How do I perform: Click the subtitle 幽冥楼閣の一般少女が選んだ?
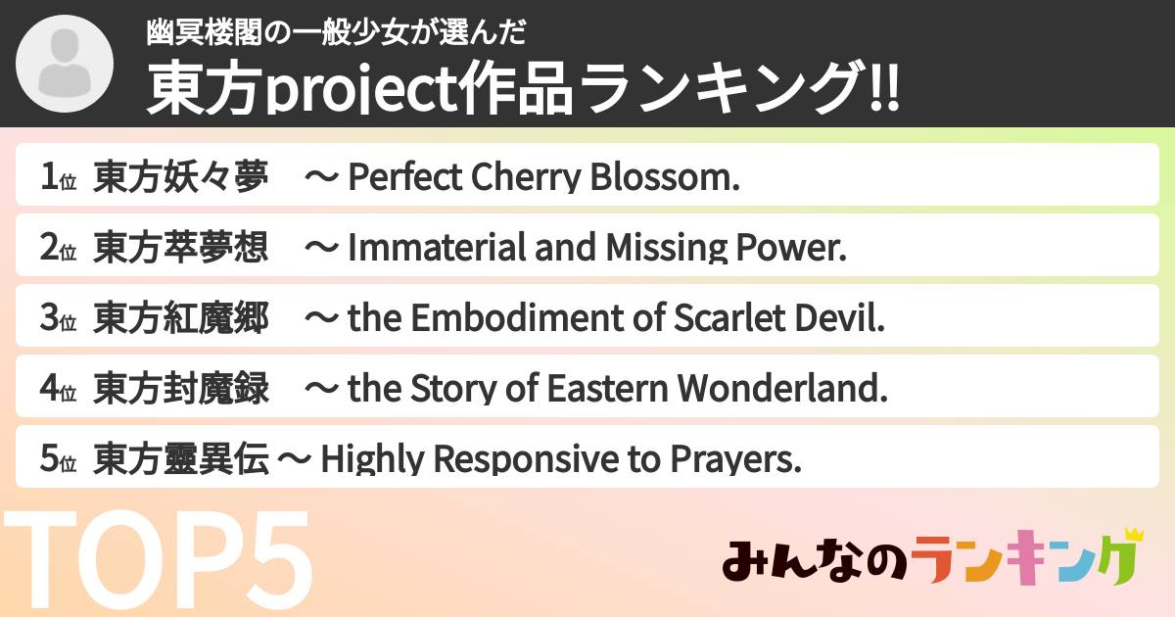(x=336, y=33)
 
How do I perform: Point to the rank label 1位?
(x=58, y=178)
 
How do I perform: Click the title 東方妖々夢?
(x=181, y=178)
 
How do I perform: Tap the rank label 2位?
(x=58, y=249)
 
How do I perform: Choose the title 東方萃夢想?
(x=181, y=249)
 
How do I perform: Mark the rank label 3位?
(x=58, y=319)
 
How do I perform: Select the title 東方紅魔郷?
(x=181, y=319)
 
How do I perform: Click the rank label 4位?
(x=58, y=390)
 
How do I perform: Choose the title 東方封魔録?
(x=181, y=390)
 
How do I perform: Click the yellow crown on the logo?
(x=1134, y=535)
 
